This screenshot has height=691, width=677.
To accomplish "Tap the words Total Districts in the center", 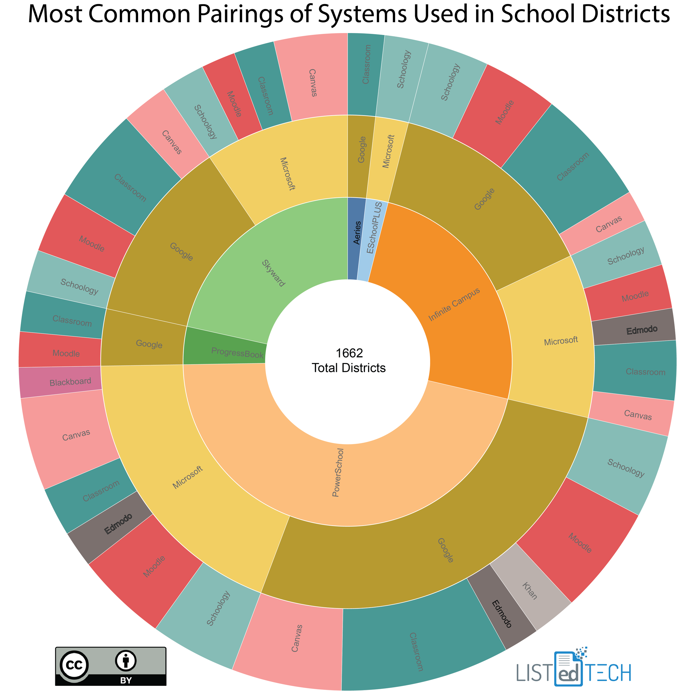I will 349,368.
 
